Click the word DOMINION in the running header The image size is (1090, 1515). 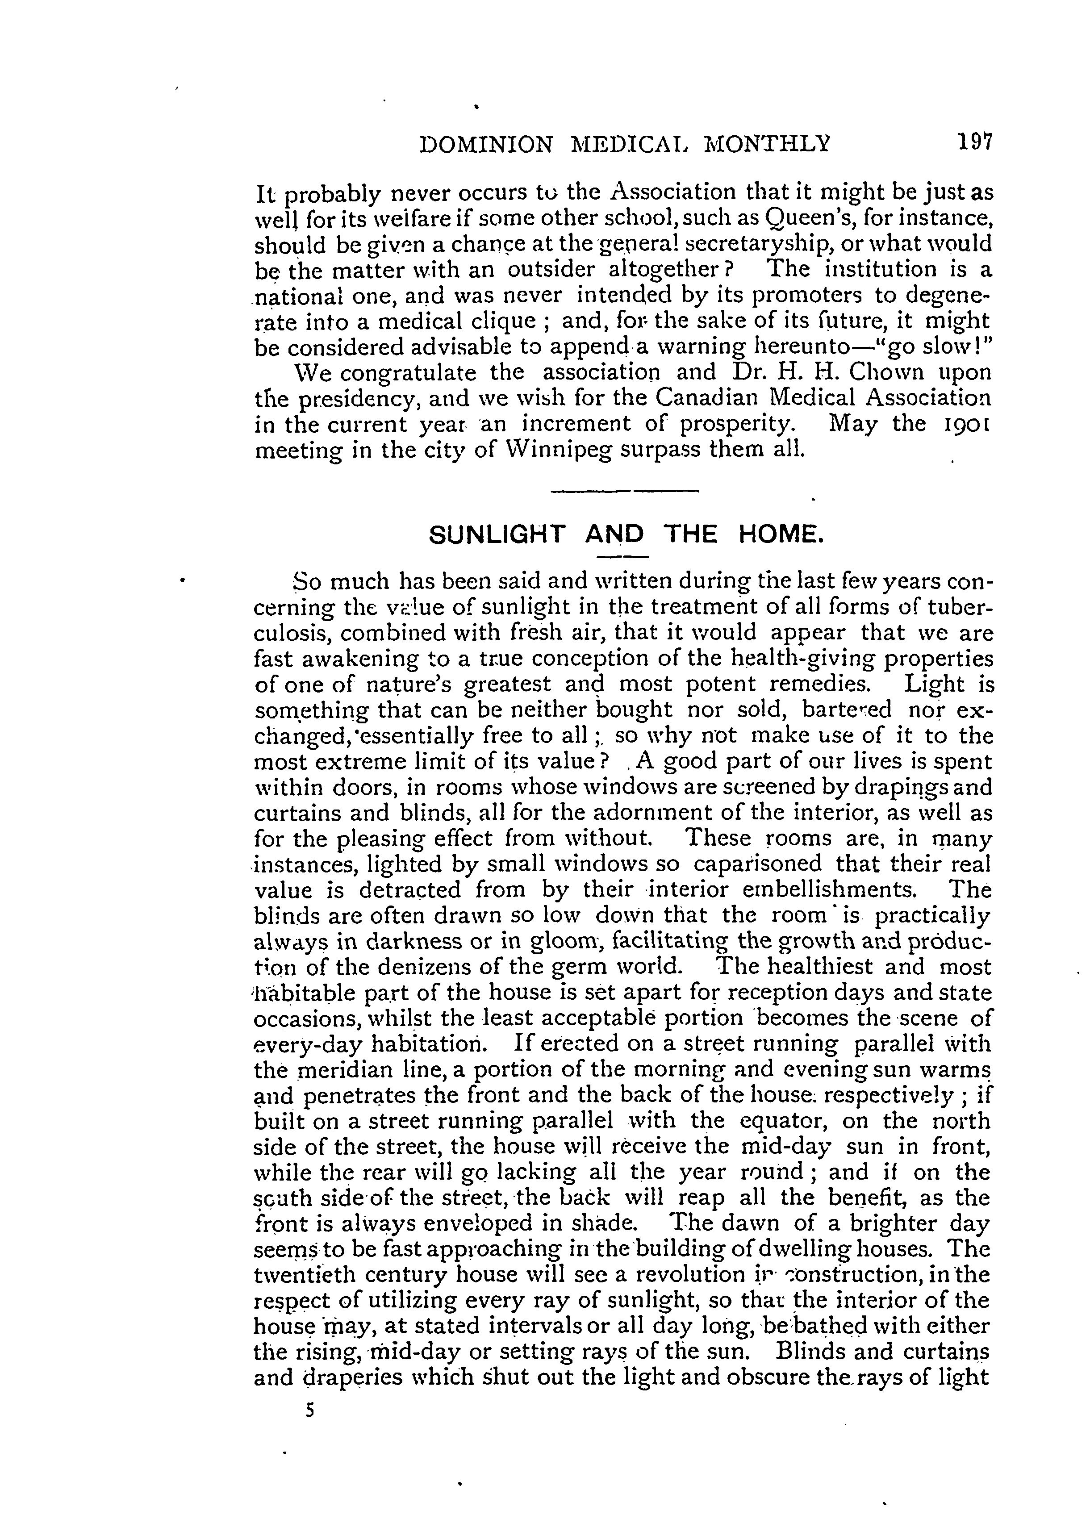pyautogui.click(x=486, y=144)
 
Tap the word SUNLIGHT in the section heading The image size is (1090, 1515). pyautogui.click(x=497, y=535)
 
